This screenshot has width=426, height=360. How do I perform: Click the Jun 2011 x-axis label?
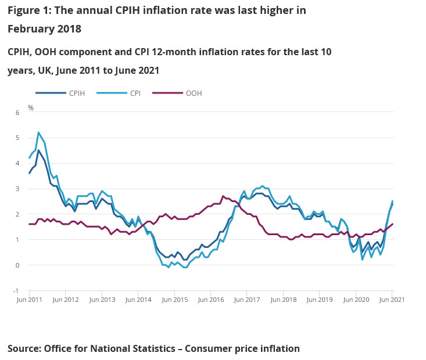coord(30,300)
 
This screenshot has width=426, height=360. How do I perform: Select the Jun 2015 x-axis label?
coord(174,300)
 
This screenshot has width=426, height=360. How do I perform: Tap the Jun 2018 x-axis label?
coord(283,300)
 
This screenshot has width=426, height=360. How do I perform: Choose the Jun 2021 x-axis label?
coord(391,300)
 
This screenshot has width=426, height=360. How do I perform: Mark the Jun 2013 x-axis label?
coord(102,300)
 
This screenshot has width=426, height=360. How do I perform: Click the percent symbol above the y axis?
coord(31,108)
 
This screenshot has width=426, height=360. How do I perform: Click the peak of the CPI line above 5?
coord(38,132)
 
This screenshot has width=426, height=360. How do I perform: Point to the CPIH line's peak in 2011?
coord(38,150)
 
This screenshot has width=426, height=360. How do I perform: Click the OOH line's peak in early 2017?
coord(223,196)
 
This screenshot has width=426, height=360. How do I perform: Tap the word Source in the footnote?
coord(24,348)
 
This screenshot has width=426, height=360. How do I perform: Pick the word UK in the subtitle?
coord(50,70)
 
